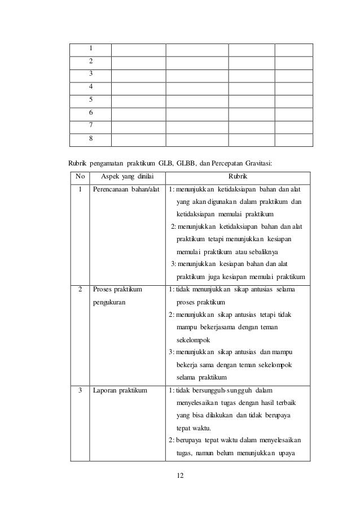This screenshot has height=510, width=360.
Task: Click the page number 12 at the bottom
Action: [179, 476]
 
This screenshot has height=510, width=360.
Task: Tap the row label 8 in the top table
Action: [90, 138]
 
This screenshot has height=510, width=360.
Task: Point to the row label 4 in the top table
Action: [90, 87]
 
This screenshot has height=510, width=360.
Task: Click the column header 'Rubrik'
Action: [237, 176]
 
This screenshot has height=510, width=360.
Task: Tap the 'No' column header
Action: [80, 176]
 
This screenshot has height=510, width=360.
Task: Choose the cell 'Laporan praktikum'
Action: [120, 390]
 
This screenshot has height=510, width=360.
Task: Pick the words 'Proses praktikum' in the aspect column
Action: [118, 290]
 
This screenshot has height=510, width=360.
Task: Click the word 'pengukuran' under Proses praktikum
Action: [109, 303]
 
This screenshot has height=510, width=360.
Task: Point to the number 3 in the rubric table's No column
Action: [80, 390]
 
